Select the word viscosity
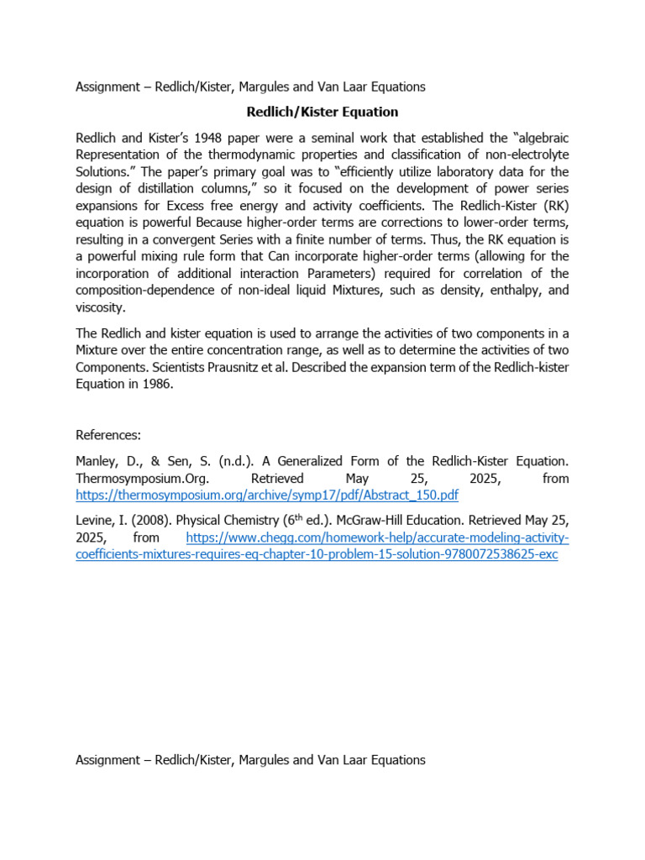coord(101,307)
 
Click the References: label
coord(108,435)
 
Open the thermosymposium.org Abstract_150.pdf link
coord(267,496)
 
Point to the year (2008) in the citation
coord(147,521)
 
